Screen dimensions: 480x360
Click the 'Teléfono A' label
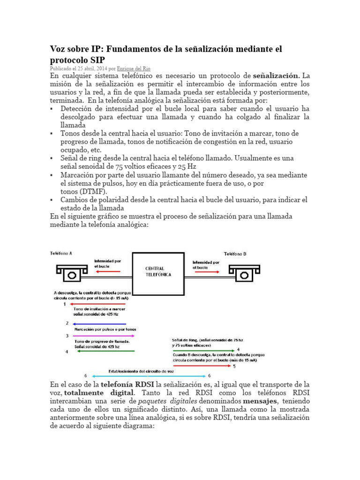point(61,254)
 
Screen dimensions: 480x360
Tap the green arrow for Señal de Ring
point(203,350)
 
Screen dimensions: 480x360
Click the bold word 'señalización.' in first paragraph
point(276,75)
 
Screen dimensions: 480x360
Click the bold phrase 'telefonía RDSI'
point(124,385)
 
